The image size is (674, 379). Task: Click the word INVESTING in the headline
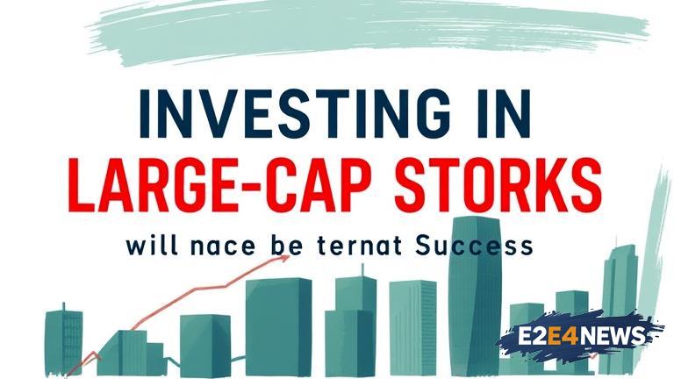[x=295, y=113]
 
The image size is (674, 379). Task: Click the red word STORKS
[x=498, y=185]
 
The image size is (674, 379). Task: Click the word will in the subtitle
[x=152, y=246]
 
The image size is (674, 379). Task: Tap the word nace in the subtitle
[x=223, y=247]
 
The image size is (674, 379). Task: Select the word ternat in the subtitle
[x=360, y=246]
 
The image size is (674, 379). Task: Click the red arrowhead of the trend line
[x=283, y=259]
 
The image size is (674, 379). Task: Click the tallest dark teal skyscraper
[x=475, y=296]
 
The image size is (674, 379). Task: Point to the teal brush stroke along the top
[x=369, y=31]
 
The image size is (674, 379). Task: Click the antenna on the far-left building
[x=63, y=307]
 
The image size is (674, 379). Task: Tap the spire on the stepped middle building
[x=362, y=270]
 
